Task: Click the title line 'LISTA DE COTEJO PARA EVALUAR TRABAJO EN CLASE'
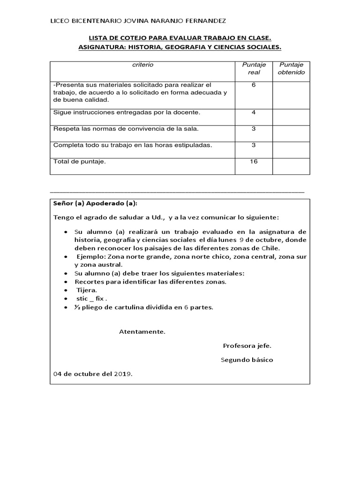click(180, 38)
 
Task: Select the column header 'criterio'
click(143, 65)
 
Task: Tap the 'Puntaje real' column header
click(254, 68)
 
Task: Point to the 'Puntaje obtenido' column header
click(291, 68)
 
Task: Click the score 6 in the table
click(254, 84)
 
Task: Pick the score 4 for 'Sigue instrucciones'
click(254, 112)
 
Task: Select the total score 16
click(254, 161)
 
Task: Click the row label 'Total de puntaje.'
click(80, 162)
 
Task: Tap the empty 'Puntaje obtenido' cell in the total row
click(291, 166)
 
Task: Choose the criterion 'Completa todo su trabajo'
click(133, 145)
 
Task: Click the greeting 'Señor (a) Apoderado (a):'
click(96, 204)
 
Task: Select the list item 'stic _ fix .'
click(92, 299)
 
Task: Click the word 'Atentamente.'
click(142, 331)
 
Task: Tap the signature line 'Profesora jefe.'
click(247, 346)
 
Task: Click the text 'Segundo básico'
click(247, 360)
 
